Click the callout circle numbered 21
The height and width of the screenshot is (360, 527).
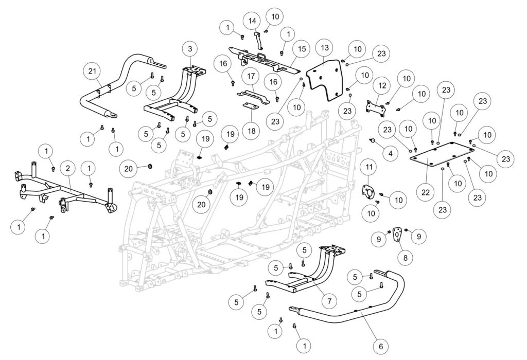(93, 71)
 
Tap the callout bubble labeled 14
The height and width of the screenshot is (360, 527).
(252, 21)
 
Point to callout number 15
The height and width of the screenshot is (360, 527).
(301, 49)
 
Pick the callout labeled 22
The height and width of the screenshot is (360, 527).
(426, 192)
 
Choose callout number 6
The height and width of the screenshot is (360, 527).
(380, 347)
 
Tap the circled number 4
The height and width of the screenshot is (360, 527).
(390, 153)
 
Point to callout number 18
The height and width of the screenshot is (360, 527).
(251, 131)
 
